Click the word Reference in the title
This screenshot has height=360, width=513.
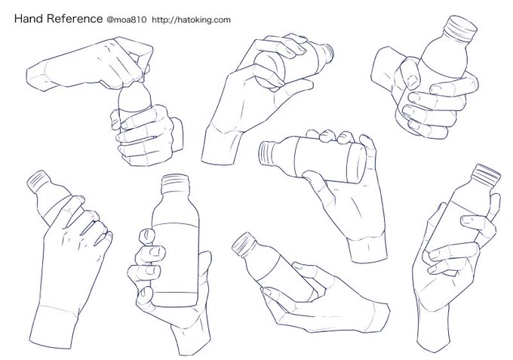75,19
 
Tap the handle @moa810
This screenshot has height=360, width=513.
127,20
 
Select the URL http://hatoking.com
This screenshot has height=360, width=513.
192,20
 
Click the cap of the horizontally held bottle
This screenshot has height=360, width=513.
266,152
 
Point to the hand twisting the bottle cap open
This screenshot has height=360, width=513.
90,63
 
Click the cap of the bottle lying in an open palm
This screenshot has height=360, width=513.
244,244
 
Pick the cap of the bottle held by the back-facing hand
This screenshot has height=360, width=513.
38,180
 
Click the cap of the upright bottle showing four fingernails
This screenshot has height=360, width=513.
176,183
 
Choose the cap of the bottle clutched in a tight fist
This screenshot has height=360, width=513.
460,28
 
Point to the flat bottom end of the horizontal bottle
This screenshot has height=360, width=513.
358,163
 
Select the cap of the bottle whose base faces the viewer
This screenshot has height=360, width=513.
327,52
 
